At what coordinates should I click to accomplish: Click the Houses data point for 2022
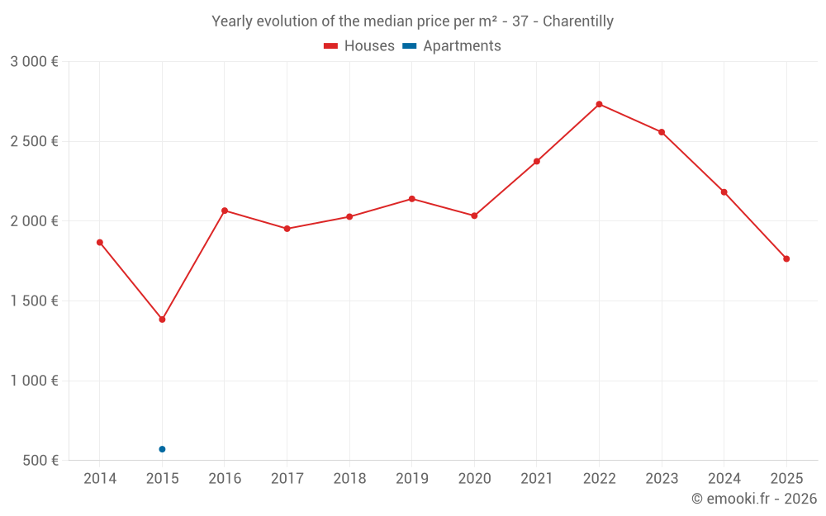coord(599,104)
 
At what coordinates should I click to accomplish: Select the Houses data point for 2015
coord(162,320)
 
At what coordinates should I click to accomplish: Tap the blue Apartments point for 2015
coord(162,449)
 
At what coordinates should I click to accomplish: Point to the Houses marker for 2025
coord(786,259)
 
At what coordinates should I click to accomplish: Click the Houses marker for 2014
coord(100,243)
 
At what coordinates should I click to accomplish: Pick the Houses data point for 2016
coord(225,211)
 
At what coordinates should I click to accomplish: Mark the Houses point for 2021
coord(537,161)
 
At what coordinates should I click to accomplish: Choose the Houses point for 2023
coord(662,132)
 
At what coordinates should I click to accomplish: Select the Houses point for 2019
coord(411,199)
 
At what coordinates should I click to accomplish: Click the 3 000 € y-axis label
coord(34,62)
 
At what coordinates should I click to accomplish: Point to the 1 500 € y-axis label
coord(34,301)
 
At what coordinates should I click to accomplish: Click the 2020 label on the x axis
coord(474,479)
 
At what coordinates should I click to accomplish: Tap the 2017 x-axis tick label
coord(287,479)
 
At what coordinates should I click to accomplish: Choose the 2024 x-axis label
coord(724,479)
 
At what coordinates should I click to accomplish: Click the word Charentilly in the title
coord(578,21)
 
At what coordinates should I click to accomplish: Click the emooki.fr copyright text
coord(753,499)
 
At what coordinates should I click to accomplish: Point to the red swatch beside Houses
coord(330,46)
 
